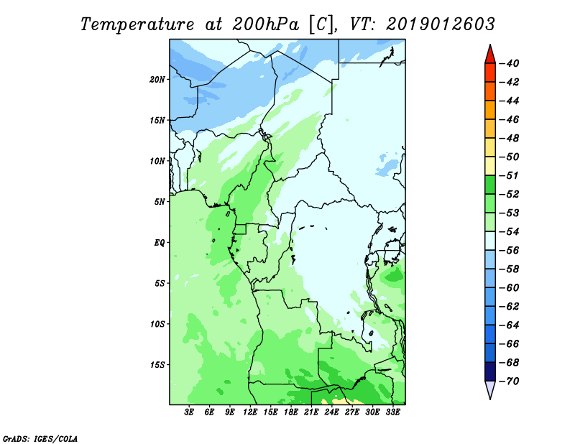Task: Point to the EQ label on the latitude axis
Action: coord(160,242)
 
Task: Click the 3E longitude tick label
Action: coord(190,412)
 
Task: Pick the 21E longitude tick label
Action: coord(311,412)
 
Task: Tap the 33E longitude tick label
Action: coord(392,412)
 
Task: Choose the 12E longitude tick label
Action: coord(250,412)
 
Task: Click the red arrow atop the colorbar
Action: coord(489,54)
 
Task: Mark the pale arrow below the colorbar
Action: coord(489,390)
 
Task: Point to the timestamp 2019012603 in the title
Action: coord(441,24)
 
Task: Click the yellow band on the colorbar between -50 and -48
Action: coord(489,147)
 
